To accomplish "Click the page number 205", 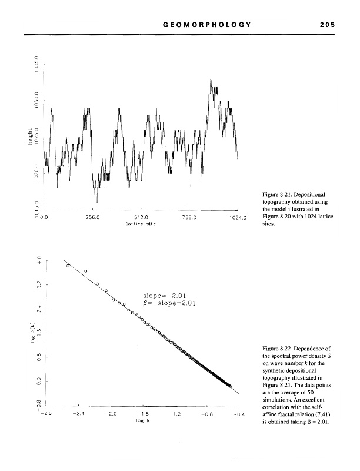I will (x=324, y=25).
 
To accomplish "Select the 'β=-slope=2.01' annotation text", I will (x=169, y=304).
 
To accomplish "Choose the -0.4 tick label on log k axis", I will (x=238, y=414).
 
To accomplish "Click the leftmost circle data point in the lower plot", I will (x=69, y=266).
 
